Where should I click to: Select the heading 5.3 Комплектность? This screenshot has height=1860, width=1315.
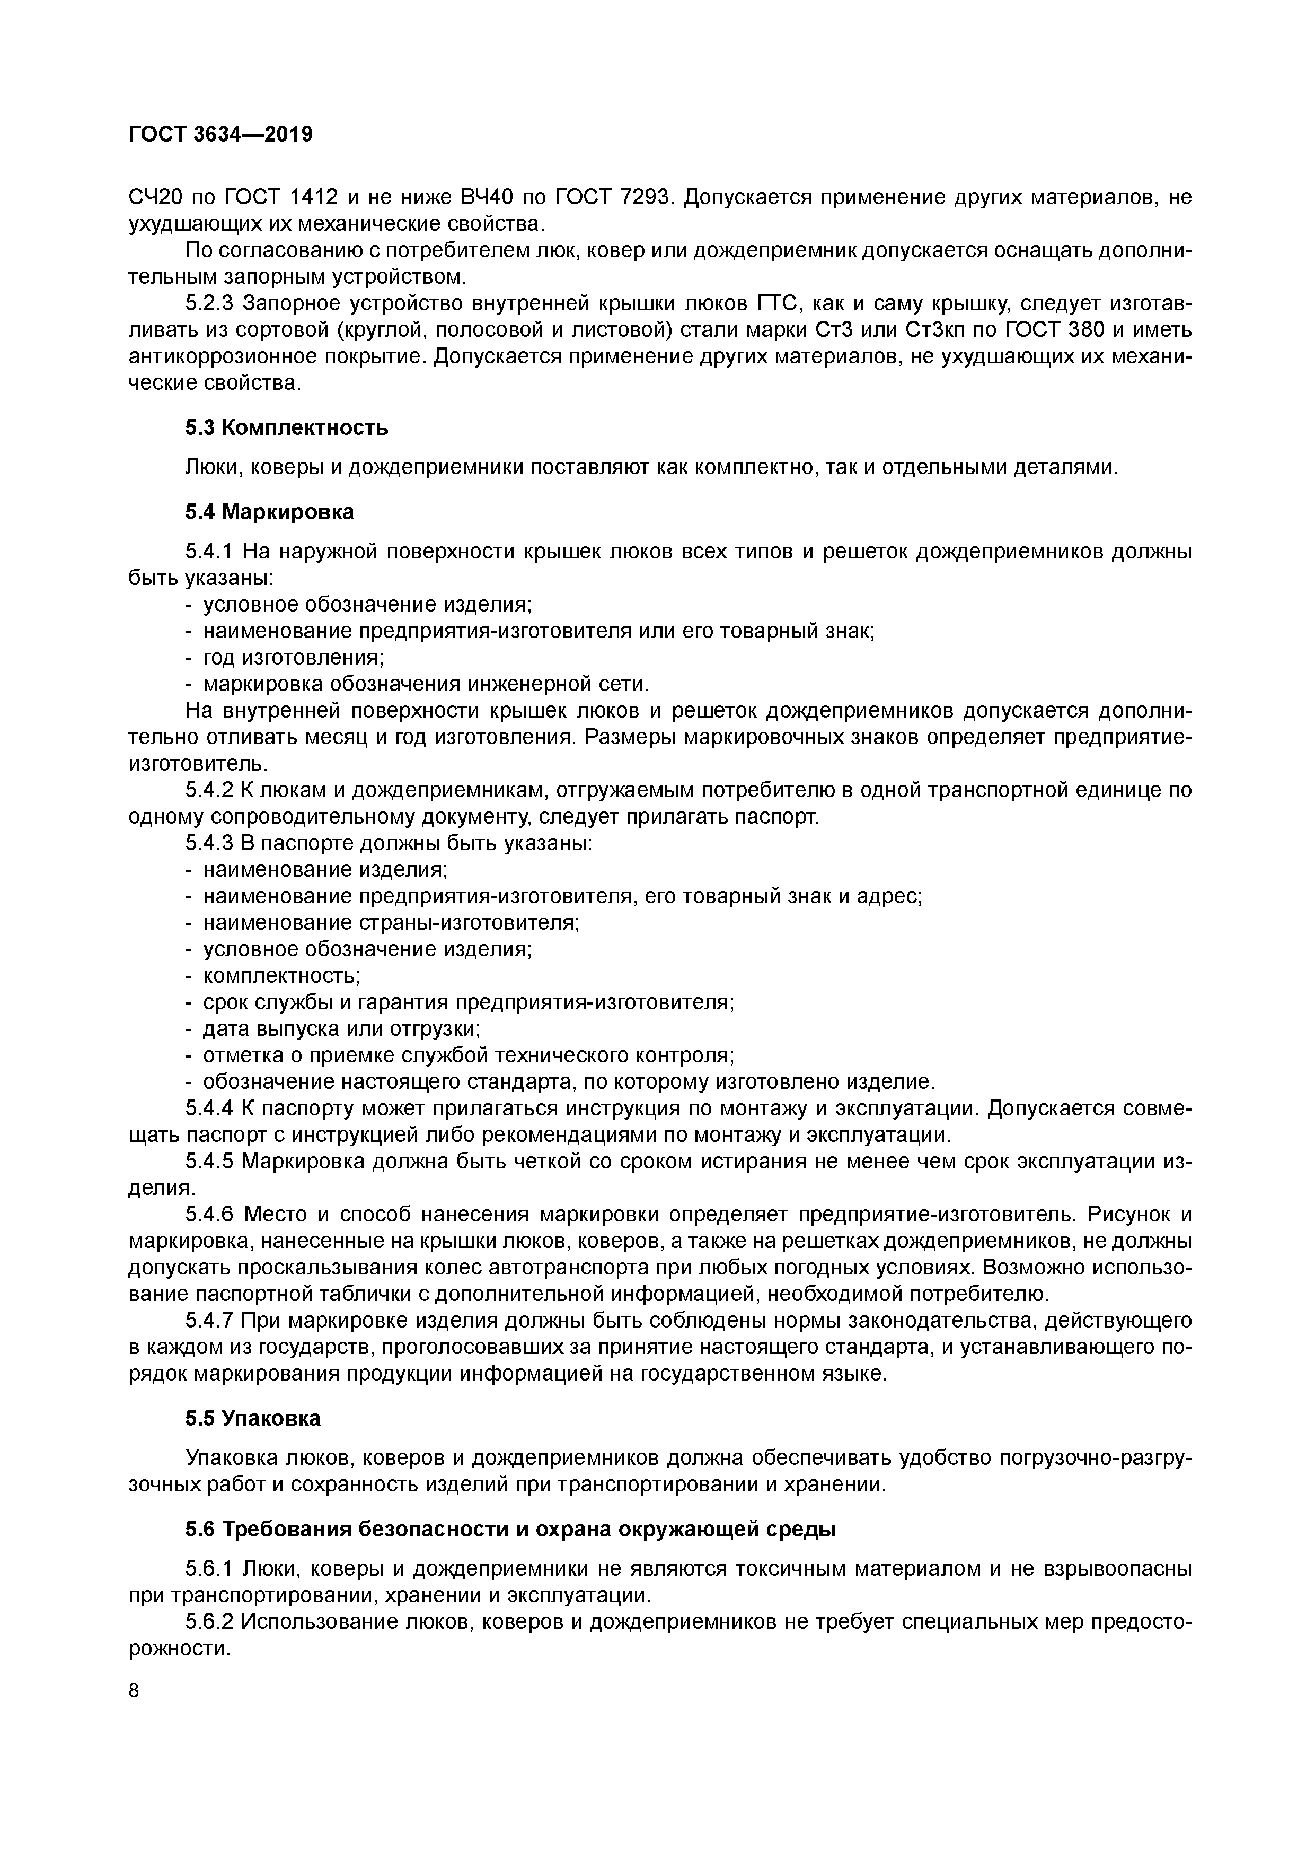(287, 427)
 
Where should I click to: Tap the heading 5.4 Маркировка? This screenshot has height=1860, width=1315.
(270, 512)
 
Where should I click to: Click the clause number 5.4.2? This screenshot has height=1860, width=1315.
(209, 790)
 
